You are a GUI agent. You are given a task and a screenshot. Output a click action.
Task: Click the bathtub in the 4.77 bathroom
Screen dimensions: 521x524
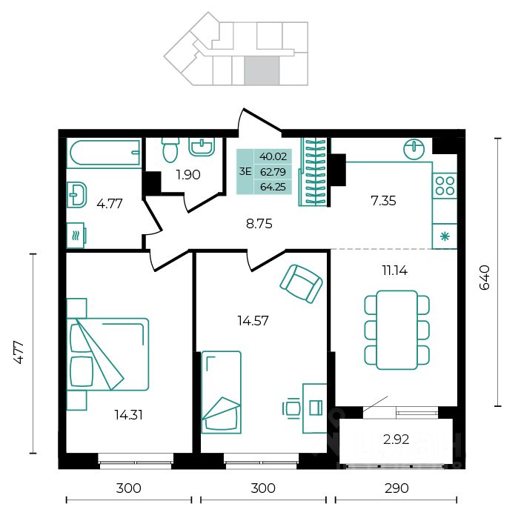click(103, 153)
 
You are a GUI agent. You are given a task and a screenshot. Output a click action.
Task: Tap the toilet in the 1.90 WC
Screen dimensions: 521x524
click(170, 150)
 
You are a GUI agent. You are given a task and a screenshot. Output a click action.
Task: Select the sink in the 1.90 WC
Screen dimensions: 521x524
click(202, 147)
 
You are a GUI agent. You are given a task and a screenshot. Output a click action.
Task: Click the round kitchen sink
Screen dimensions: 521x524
click(414, 149)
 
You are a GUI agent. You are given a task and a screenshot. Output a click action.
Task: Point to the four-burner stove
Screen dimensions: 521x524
click(445, 185)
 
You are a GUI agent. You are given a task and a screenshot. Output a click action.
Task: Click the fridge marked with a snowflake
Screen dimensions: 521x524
click(445, 236)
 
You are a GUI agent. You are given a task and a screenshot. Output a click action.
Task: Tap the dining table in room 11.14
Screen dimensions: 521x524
click(396, 330)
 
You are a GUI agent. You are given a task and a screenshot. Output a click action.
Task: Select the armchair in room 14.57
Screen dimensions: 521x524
click(301, 284)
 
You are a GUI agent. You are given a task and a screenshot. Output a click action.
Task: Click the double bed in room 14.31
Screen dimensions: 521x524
click(107, 354)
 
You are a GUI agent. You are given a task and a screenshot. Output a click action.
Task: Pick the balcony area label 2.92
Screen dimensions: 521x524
click(396, 440)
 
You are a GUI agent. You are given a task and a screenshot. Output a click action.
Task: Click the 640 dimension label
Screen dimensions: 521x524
click(484, 277)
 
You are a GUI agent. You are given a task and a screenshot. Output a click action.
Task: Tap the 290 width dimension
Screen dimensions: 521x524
click(396, 488)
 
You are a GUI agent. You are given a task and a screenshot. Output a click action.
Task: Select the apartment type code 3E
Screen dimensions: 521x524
click(245, 172)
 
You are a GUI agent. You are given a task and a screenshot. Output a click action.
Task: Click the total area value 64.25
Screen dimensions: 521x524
click(273, 187)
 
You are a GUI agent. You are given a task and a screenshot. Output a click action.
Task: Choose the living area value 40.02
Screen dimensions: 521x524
click(273, 156)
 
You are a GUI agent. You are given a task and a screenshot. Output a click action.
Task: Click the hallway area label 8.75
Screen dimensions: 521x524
click(259, 224)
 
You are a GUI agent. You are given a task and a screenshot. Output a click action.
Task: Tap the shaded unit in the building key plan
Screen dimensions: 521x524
click(262, 70)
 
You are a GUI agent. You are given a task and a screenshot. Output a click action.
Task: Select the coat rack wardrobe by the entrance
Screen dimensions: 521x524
click(313, 172)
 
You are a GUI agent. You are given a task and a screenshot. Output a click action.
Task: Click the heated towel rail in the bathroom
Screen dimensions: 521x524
click(76, 236)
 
